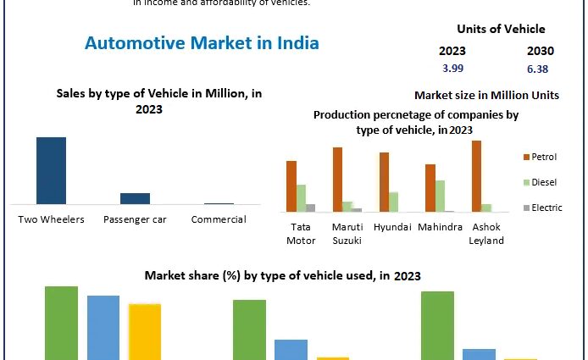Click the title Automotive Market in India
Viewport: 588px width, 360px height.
tap(202, 43)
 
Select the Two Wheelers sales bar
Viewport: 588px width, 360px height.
tap(51, 170)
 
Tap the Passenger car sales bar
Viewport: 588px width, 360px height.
tap(135, 198)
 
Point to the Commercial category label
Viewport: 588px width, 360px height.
tap(219, 219)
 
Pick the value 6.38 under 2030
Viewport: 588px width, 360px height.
tap(537, 68)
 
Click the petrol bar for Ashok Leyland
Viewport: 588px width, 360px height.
tap(476, 175)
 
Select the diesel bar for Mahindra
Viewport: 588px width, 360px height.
tap(440, 196)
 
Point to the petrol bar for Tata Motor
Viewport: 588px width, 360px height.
tap(291, 186)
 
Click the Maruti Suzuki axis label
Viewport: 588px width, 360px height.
tap(346, 234)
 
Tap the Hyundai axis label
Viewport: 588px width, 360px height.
tap(392, 227)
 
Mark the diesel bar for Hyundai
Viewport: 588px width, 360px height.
tap(393, 202)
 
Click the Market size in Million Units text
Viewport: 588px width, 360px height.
tap(486, 96)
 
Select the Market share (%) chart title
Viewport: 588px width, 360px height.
tap(282, 275)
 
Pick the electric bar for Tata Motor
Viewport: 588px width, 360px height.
tap(311, 208)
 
